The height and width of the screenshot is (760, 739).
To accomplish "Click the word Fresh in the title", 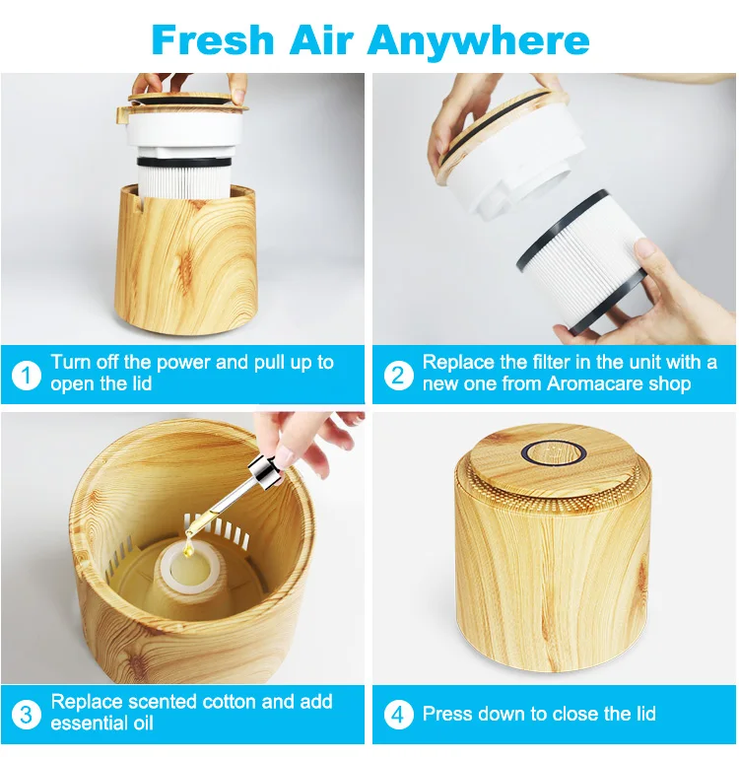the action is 213,39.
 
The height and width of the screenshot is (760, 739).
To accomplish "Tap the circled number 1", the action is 27,376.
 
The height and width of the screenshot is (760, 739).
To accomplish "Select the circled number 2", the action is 398,376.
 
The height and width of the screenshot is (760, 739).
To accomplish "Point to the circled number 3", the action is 27,715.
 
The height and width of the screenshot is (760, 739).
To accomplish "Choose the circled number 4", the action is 398,715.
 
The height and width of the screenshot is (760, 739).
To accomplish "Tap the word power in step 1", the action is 183,364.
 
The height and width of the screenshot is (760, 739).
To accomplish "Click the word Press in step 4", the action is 447,714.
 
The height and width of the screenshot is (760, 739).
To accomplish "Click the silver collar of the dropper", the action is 265,471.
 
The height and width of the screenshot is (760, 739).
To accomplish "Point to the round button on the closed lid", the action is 554,453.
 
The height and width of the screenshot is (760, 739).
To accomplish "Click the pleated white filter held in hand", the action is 581,261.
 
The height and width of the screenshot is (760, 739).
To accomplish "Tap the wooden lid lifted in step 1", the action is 187,101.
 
